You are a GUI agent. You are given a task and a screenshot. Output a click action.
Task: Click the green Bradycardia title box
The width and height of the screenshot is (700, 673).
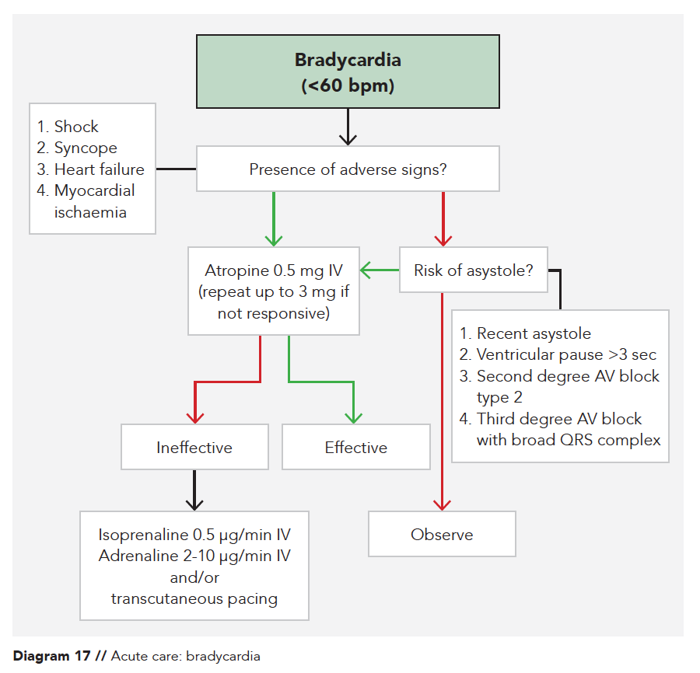(348, 71)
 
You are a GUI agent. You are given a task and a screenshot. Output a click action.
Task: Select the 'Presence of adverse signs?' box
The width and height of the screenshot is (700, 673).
(348, 169)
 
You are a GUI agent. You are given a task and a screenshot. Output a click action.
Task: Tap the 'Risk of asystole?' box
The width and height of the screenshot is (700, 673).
(473, 270)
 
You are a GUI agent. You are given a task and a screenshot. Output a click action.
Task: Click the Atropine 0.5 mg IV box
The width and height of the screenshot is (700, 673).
(274, 291)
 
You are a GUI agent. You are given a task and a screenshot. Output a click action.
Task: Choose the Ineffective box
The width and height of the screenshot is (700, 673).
(194, 447)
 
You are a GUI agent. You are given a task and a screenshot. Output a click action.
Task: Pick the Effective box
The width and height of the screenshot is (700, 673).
(355, 447)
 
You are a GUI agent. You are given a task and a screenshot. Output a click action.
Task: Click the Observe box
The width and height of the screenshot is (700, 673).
(442, 535)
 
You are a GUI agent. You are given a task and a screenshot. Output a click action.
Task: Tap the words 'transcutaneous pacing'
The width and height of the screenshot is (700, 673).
(194, 598)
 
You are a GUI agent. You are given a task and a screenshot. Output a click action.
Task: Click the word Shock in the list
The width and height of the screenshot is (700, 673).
(76, 127)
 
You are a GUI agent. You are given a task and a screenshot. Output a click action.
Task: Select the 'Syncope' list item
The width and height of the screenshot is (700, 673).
(86, 148)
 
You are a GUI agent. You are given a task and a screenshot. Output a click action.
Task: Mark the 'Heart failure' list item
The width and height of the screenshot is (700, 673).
(99, 169)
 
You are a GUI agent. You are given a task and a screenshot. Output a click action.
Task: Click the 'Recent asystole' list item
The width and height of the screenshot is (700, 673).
(534, 333)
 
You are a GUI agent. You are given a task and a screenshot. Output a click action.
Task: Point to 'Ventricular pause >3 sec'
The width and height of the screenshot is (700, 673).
(566, 355)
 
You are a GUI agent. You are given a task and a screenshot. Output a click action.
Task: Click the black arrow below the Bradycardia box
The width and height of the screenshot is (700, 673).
(348, 128)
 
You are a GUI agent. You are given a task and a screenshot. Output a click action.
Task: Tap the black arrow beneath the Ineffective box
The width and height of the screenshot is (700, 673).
(194, 490)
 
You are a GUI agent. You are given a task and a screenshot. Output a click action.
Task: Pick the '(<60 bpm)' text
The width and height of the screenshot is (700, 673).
(348, 85)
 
